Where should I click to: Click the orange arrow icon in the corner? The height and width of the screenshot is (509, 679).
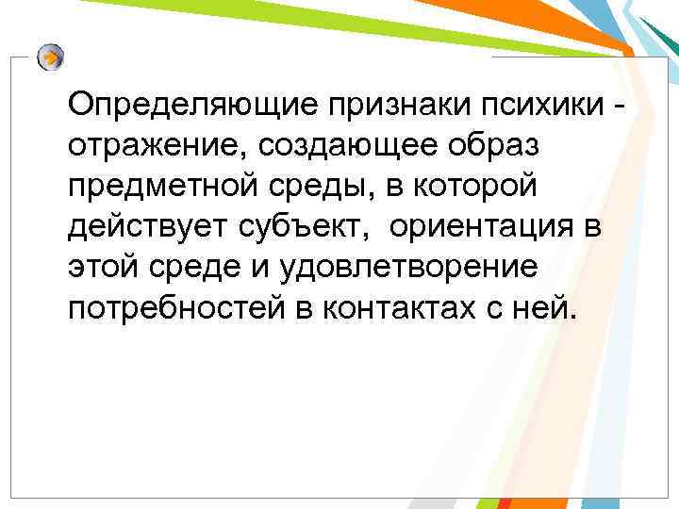52,57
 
